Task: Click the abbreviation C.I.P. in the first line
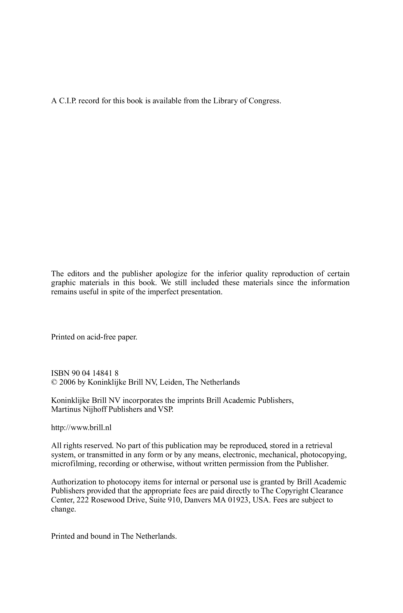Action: [x=68, y=101]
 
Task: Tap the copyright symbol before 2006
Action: [x=54, y=382]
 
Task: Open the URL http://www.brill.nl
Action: [x=81, y=428]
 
